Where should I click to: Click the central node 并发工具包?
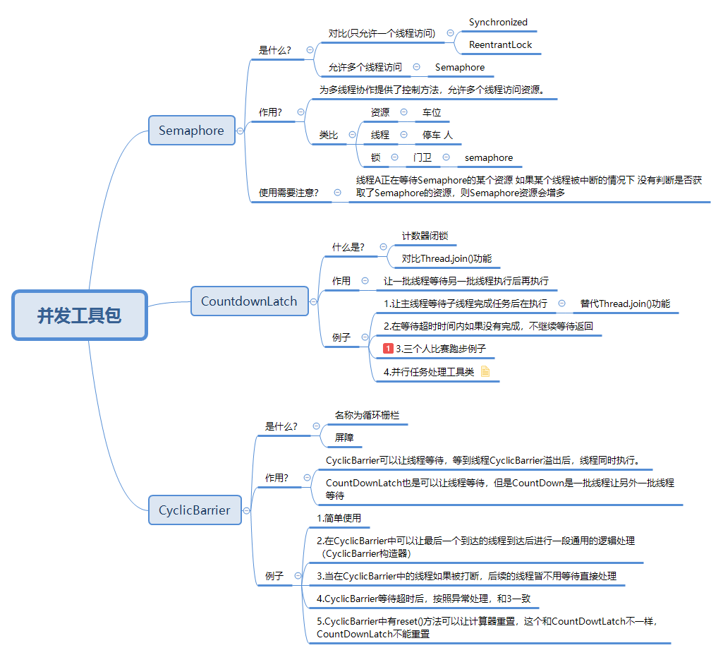click(79, 316)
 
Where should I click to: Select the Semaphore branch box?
click(191, 131)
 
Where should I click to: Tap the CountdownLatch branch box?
click(249, 301)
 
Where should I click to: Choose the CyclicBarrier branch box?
click(194, 510)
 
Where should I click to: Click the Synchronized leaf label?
click(498, 23)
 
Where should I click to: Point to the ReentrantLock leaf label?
click(500, 45)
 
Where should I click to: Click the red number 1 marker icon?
click(388, 349)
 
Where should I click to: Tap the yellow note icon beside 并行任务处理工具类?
click(485, 371)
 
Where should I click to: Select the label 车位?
click(432, 112)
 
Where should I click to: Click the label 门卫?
click(423, 157)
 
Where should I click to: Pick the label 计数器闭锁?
click(425, 236)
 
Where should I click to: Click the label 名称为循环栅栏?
click(367, 415)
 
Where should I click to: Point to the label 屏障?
click(344, 438)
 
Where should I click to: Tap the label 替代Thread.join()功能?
click(625, 304)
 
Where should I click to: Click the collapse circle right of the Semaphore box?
click(241, 131)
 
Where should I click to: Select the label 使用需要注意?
click(288, 192)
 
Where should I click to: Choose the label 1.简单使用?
click(339, 518)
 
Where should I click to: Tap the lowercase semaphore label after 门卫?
click(489, 157)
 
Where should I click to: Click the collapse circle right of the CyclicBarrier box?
click(246, 510)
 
